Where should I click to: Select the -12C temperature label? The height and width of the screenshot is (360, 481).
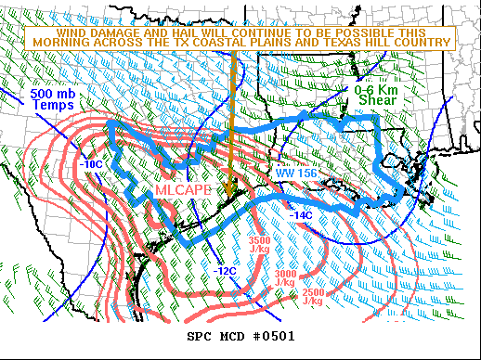(226, 271)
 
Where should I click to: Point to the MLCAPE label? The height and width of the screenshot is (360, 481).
(184, 189)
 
